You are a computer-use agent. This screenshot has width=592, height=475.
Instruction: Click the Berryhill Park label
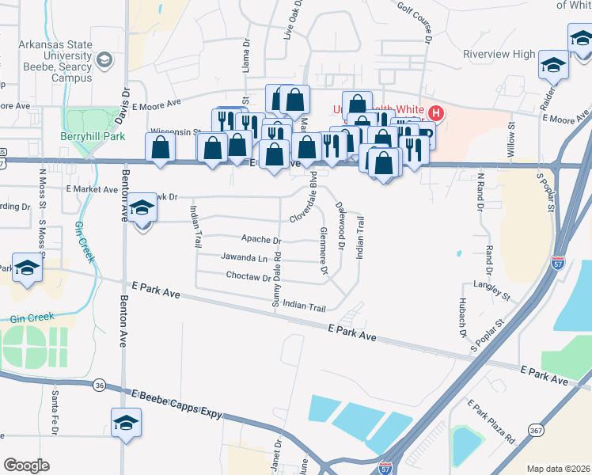coord(93,135)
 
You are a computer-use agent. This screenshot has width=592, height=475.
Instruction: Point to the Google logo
coord(26,465)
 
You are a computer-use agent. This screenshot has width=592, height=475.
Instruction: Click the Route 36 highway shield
coord(98,385)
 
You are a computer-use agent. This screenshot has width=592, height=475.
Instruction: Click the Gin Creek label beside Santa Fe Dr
coord(32,317)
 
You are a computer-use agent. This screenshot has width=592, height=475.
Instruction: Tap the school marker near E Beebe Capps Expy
coord(127,423)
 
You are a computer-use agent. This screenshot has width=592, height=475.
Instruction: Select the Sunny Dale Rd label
coord(277,279)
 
